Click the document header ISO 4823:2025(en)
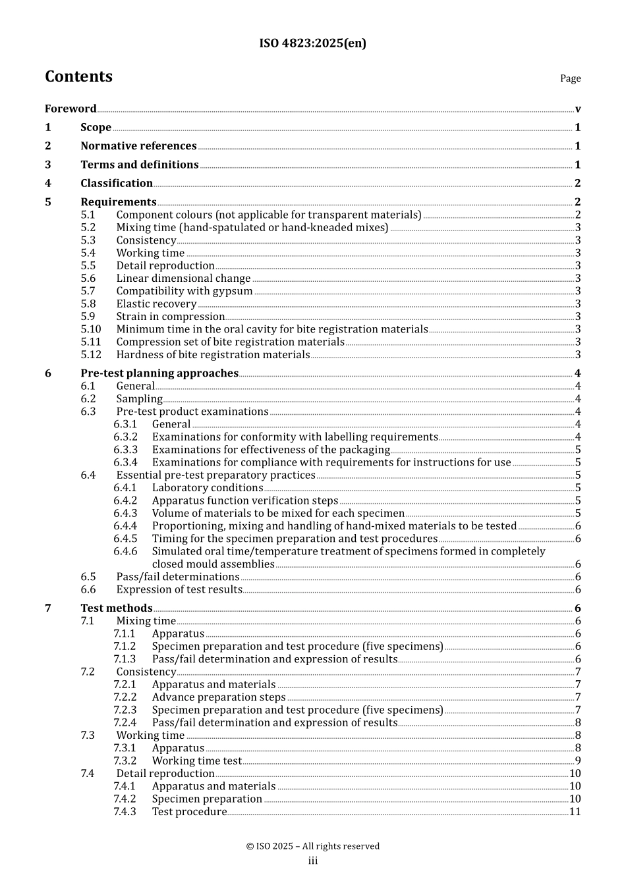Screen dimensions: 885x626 point(312,43)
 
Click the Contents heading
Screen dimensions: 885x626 point(78,77)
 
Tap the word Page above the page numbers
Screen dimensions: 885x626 point(570,78)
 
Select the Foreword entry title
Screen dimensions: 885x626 point(71,109)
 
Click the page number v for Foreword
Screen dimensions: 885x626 point(577,109)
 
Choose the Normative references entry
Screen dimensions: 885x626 point(138,146)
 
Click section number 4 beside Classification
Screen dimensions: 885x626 point(48,184)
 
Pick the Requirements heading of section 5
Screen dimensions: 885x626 point(119,202)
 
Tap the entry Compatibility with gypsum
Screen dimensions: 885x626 point(185,291)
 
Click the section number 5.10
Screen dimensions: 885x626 point(91,329)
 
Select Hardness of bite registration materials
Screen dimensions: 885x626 point(213,355)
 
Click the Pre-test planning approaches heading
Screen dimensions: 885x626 point(159,373)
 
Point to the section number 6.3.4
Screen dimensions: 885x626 point(125,463)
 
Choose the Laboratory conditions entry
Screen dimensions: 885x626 point(208,488)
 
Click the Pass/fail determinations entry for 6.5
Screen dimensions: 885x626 point(178,577)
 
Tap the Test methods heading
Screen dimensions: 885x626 point(117,608)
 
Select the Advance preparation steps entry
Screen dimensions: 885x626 point(219,697)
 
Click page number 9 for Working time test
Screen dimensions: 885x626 point(577,761)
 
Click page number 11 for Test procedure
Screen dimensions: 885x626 point(575,812)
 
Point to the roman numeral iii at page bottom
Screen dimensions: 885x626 point(312,861)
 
